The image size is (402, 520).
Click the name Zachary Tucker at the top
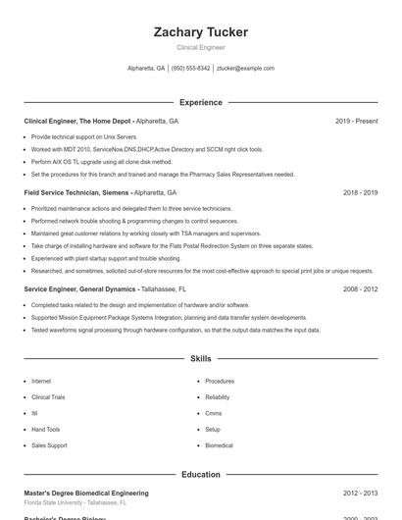200,32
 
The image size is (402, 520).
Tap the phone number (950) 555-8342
191,69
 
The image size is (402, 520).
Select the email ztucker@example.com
245,69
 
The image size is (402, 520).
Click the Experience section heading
200,102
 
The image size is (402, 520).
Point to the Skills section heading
200,359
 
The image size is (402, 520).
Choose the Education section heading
200,474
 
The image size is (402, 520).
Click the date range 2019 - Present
356,121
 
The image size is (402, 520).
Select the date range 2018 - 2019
360,192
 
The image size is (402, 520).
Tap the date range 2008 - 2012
360,289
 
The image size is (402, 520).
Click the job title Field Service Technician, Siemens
77,192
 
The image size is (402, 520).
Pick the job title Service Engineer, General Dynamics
81,289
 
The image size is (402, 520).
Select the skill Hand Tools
45,429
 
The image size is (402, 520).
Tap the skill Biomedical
219,445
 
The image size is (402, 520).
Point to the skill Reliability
218,397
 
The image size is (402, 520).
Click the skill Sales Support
49,445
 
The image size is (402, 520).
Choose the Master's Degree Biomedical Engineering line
86,493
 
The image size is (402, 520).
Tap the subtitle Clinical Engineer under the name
200,47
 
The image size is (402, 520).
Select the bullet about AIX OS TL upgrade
101,162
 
